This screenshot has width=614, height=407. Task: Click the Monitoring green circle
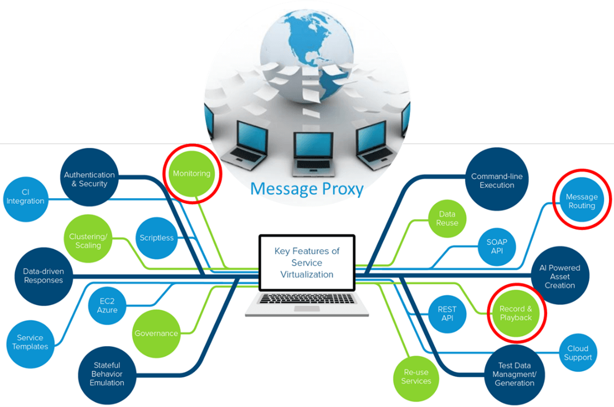191,174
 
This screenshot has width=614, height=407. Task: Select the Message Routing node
581,201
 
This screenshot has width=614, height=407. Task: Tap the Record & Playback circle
515,313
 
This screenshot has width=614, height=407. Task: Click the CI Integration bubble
25,197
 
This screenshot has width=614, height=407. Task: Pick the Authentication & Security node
89,179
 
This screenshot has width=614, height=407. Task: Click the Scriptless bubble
156,237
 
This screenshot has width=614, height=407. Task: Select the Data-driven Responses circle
43,276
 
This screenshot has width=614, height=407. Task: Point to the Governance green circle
156,333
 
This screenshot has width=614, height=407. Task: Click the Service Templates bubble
32,342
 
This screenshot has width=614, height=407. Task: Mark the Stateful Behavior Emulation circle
107,374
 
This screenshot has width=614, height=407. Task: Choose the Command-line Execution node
496,180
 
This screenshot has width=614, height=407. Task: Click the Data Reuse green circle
447,218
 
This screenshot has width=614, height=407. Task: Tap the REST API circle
447,313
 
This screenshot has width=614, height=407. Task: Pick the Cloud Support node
578,353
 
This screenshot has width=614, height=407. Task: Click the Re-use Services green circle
416,376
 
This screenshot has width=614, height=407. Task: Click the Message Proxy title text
306,189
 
